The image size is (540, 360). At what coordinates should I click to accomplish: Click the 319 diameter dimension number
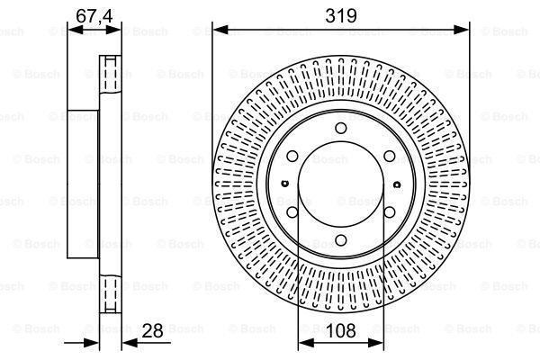pyautogui.click(x=341, y=15)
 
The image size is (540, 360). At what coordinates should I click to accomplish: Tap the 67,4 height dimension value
pyautogui.click(x=94, y=16)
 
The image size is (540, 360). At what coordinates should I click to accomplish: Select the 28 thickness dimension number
pyautogui.click(x=153, y=331)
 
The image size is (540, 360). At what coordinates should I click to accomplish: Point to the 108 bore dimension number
pyautogui.click(x=340, y=330)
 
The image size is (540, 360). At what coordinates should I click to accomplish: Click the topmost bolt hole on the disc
pyautogui.click(x=340, y=128)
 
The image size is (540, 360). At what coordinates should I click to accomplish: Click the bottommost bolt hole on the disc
pyautogui.click(x=340, y=240)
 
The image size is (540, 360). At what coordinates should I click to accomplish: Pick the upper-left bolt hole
pyautogui.click(x=292, y=157)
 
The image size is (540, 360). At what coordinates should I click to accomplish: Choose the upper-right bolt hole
pyautogui.click(x=389, y=157)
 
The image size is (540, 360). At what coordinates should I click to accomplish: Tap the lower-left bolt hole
pyautogui.click(x=292, y=212)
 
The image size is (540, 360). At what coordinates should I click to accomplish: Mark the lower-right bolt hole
pyautogui.click(x=389, y=212)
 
